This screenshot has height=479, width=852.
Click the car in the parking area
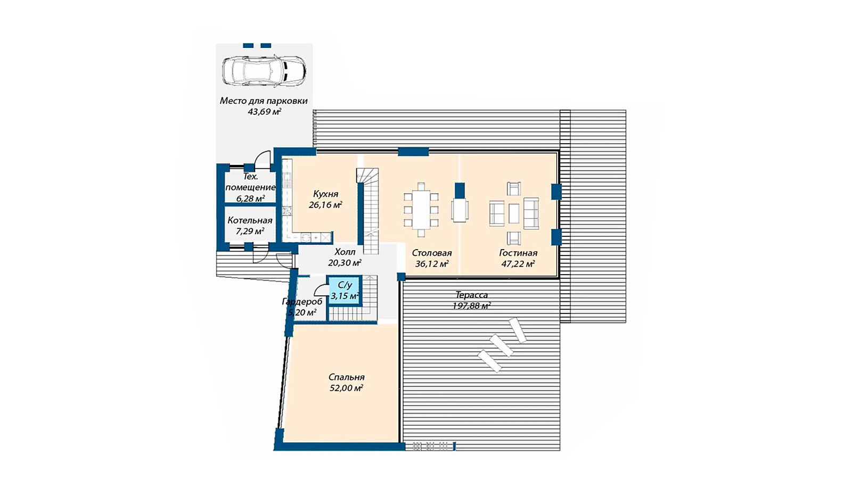(x=264, y=71)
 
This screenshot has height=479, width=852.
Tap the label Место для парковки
(x=264, y=101)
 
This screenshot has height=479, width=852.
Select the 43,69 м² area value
(x=264, y=111)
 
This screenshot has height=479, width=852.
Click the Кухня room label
(x=325, y=194)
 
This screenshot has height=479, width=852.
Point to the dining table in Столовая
(x=421, y=210)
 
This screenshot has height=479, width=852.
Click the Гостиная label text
(x=518, y=253)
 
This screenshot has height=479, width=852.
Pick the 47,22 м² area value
(x=518, y=263)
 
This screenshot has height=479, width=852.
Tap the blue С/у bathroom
(x=344, y=291)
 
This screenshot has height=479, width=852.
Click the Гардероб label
(x=302, y=301)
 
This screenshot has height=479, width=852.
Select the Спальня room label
(x=347, y=377)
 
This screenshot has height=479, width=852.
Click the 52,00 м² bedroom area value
(x=346, y=388)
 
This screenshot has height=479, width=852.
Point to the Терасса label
(x=472, y=295)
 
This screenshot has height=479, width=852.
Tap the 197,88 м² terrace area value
(x=472, y=305)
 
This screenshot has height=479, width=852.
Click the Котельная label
(x=250, y=220)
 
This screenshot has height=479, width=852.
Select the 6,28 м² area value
(x=250, y=198)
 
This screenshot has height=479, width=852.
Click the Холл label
(x=345, y=252)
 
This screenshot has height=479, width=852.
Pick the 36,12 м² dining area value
(x=432, y=263)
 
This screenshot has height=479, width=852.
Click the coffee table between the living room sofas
(x=514, y=213)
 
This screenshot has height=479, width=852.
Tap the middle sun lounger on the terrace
(x=502, y=345)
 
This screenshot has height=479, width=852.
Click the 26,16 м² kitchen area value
(x=325, y=205)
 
